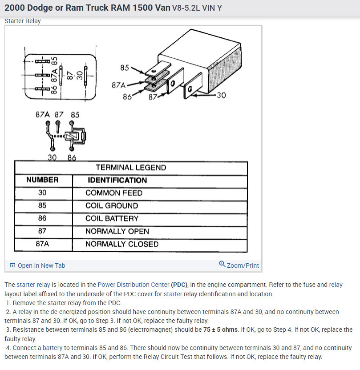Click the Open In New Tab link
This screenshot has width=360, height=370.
[41, 265]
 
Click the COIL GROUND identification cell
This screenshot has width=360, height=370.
[112, 206]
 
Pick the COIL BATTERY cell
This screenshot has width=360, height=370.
[112, 219]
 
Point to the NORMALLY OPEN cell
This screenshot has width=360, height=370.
[117, 231]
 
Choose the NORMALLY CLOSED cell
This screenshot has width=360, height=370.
[121, 244]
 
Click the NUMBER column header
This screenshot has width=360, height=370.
[42, 180]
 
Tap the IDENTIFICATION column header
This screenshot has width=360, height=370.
[117, 180]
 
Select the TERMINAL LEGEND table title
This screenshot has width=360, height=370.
[131, 168]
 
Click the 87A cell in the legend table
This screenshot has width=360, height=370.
[42, 244]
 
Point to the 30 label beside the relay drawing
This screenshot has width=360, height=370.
[221, 95]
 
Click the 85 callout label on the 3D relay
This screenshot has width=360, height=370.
[125, 68]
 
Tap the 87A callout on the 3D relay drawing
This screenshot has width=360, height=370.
[119, 85]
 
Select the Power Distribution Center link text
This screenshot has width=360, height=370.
[133, 285]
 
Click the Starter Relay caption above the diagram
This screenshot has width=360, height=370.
[23, 21]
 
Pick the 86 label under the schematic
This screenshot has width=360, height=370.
[72, 157]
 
